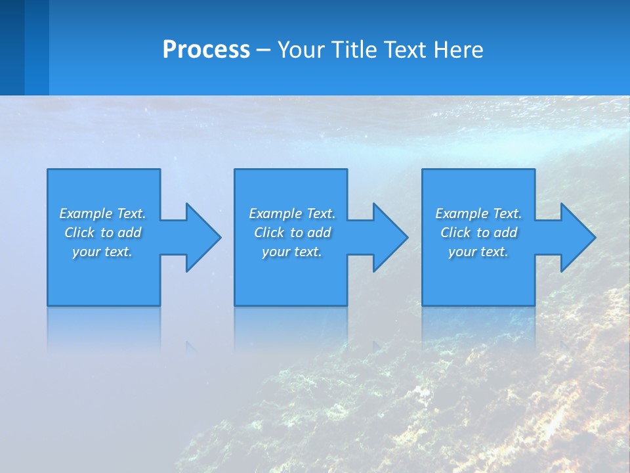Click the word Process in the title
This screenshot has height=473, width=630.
(x=206, y=50)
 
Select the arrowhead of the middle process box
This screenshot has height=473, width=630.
(x=389, y=237)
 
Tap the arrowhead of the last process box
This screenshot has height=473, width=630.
(x=577, y=237)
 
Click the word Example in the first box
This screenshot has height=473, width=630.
(x=86, y=214)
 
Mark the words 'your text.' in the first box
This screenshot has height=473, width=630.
(x=102, y=252)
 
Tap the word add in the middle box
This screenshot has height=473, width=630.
(x=319, y=233)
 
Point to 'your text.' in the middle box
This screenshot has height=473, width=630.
(x=291, y=252)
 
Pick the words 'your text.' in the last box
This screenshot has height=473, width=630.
(x=478, y=252)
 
